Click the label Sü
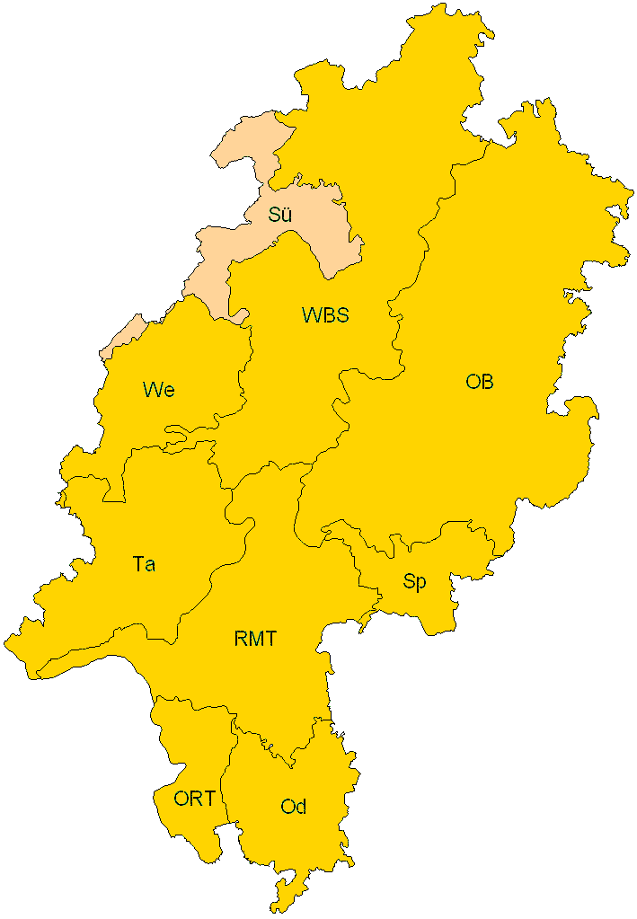280,216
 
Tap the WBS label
324,315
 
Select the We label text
158,390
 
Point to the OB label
480,382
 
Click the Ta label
144,565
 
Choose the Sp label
414,582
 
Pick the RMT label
255,640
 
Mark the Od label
293,807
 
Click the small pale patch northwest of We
123,337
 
